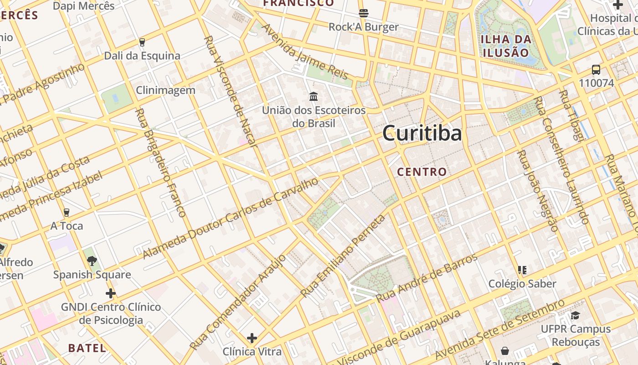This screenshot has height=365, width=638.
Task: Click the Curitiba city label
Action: coord(422,133)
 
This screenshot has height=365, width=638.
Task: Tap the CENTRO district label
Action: coord(422,172)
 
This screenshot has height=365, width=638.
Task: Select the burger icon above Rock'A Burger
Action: coord(363,13)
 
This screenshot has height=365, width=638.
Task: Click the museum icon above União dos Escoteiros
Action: coord(314,96)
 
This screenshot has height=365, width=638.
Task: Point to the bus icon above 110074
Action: coord(596,70)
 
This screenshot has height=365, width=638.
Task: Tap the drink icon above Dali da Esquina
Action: coord(142,42)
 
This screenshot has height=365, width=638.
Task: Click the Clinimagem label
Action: coord(165,90)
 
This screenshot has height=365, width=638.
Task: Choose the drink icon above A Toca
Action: coord(67,213)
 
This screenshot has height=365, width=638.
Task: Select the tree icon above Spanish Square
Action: coord(92,261)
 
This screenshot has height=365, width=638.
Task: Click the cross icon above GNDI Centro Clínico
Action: coord(111,293)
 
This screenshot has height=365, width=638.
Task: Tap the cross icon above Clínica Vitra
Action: coord(252,338)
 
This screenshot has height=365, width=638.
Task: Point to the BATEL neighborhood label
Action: coord(87,348)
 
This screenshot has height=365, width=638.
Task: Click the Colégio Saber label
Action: coord(522,284)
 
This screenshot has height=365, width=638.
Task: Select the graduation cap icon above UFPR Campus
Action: coord(575,315)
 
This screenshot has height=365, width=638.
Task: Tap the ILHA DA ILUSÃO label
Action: coord(506,45)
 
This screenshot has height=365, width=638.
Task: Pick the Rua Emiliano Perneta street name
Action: coord(344,256)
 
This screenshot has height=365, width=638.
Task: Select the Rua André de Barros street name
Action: coord(427,278)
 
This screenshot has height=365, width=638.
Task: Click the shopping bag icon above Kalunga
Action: coord(505,351)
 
